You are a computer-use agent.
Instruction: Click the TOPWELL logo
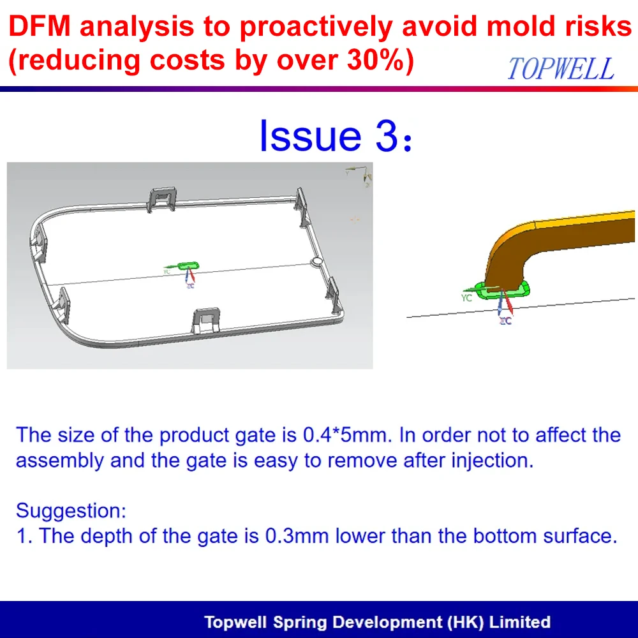pyautogui.click(x=561, y=68)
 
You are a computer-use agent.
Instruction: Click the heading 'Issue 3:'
pyautogui.click(x=336, y=135)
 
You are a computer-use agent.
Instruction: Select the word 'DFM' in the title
pyautogui.click(x=40, y=26)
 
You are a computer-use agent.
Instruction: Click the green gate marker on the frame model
pyautogui.click(x=188, y=265)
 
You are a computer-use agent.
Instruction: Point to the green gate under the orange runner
pyautogui.click(x=505, y=290)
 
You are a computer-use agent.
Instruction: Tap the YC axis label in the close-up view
pyautogui.click(x=467, y=298)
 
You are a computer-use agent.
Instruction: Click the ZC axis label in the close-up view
pyautogui.click(x=505, y=321)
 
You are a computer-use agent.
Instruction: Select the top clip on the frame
pyautogui.click(x=163, y=198)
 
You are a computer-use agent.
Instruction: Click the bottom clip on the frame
pyautogui.click(x=206, y=320)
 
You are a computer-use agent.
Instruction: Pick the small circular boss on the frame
pyautogui.click(x=316, y=262)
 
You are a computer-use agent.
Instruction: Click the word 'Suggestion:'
pyautogui.click(x=71, y=510)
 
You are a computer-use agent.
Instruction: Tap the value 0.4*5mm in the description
pyautogui.click(x=348, y=435)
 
